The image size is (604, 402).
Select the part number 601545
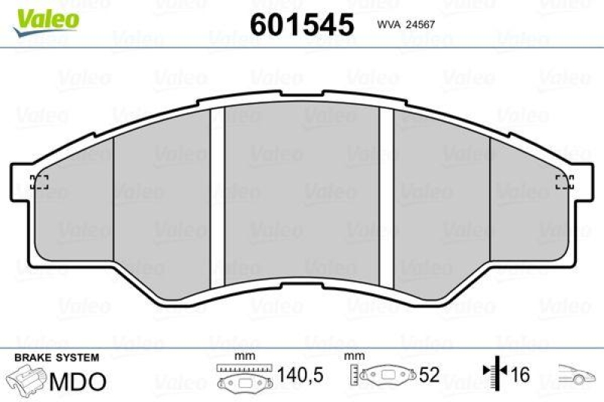tap(301, 25)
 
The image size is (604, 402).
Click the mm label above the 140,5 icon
tap(244, 355)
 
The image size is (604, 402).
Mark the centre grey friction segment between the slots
tap(301, 196)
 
